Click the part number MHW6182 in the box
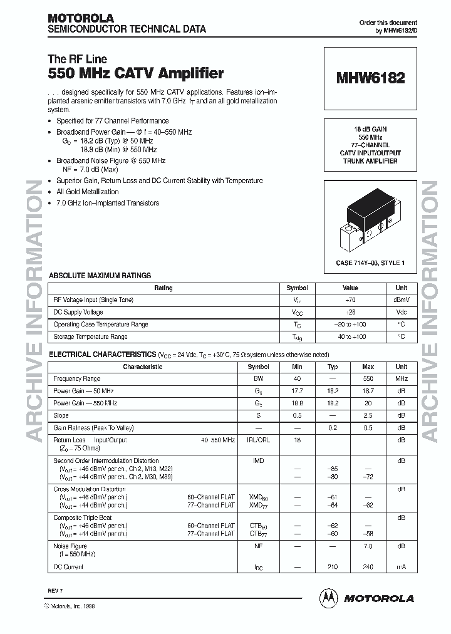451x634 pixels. pyautogui.click(x=370, y=78)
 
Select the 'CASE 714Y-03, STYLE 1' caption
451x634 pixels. pyautogui.click(x=370, y=263)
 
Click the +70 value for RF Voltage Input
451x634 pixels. pyautogui.click(x=350, y=300)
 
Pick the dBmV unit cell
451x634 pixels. pyautogui.click(x=400, y=300)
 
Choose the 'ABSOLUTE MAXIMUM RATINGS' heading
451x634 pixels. pyautogui.click(x=100, y=276)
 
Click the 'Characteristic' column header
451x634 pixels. pyautogui.click(x=143, y=367)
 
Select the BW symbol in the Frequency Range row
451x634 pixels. pyautogui.click(x=258, y=379)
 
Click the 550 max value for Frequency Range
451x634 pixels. pyautogui.click(x=368, y=379)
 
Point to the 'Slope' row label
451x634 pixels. pyautogui.click(x=61, y=415)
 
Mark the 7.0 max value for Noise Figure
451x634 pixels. pyautogui.click(x=368, y=546)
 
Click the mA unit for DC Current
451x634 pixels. pyautogui.click(x=401, y=567)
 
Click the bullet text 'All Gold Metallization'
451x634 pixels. pyautogui.click(x=87, y=192)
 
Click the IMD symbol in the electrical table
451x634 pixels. pyautogui.click(x=258, y=460)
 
